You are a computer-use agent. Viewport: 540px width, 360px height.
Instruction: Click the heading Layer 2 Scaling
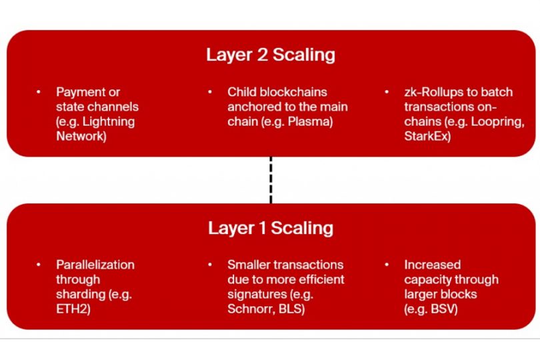click(270, 55)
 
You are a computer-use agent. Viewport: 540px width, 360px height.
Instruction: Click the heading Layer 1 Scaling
click(270, 228)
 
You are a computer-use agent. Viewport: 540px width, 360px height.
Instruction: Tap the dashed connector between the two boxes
click(271, 180)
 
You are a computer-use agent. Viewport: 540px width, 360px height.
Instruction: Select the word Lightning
click(109, 121)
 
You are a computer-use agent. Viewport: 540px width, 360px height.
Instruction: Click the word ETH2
click(73, 309)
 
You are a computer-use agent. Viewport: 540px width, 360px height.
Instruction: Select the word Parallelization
click(95, 265)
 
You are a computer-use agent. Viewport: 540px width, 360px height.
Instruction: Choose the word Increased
click(432, 265)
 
